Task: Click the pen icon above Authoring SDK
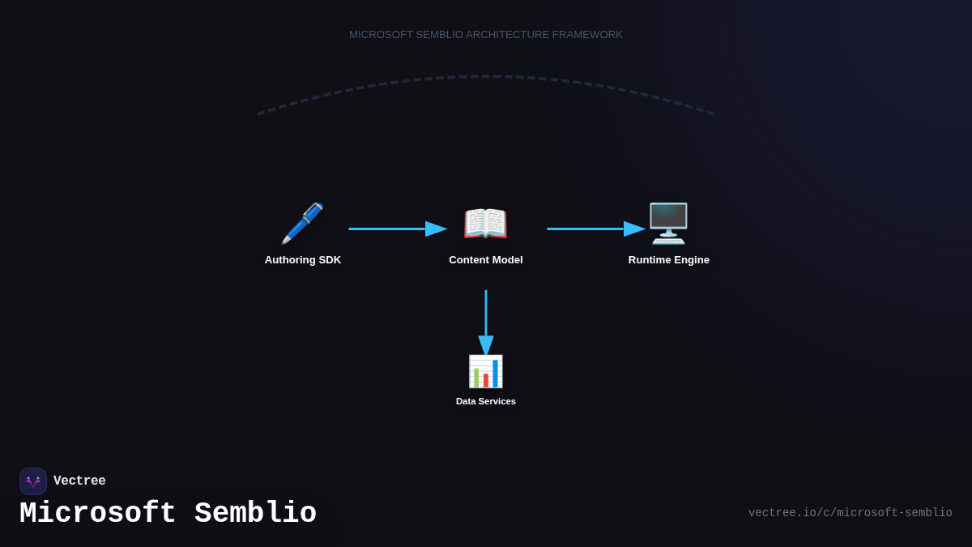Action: (x=302, y=224)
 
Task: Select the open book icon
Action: (x=485, y=224)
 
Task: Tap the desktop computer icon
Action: (x=668, y=224)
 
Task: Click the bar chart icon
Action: (x=485, y=371)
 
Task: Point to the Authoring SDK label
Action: (x=303, y=260)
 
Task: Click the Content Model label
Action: (x=486, y=260)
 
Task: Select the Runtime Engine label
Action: (x=669, y=260)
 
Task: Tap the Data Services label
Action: (x=486, y=401)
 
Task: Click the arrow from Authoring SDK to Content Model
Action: (x=397, y=229)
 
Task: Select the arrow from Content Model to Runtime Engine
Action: (x=595, y=229)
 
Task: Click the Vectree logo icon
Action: (x=33, y=481)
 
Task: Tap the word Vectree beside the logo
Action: (x=79, y=481)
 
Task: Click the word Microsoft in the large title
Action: (x=98, y=514)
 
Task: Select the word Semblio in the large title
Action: (x=255, y=514)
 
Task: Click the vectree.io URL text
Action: (x=850, y=513)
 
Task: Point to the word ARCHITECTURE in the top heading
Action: (x=508, y=35)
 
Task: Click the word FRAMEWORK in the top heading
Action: (x=587, y=35)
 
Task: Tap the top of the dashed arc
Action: (x=486, y=76)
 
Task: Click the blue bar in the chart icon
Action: (x=495, y=374)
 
